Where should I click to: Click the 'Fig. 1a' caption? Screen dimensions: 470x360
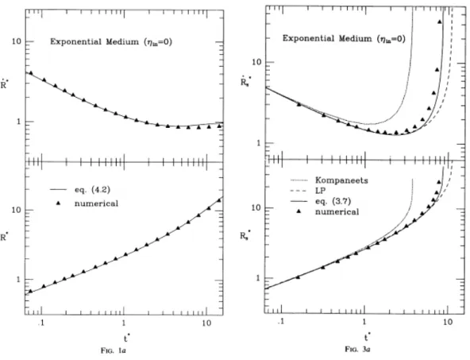click(x=113, y=350)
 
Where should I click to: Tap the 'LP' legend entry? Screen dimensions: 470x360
click(x=321, y=191)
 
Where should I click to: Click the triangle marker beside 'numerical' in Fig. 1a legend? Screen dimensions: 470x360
click(x=59, y=203)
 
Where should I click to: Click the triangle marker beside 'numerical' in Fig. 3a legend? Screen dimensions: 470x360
click(x=299, y=212)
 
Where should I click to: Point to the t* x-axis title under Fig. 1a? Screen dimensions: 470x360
click(x=127, y=338)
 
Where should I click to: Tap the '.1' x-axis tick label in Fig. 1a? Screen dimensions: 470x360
click(x=41, y=323)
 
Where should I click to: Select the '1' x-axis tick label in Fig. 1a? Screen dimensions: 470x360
click(x=124, y=323)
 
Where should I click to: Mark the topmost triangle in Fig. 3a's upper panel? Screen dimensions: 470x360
click(x=440, y=21)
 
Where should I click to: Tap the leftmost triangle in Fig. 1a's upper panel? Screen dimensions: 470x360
click(x=31, y=73)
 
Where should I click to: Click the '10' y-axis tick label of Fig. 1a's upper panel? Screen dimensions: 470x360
click(x=17, y=41)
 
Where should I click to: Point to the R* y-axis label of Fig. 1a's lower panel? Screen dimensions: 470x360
click(x=5, y=237)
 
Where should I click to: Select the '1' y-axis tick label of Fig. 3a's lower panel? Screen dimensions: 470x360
click(x=258, y=278)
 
